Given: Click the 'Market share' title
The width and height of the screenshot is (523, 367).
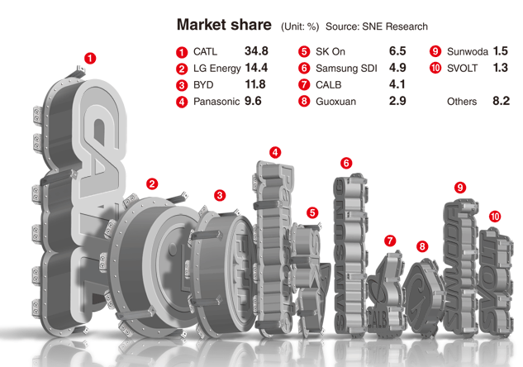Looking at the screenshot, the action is pyautogui.click(x=224, y=25).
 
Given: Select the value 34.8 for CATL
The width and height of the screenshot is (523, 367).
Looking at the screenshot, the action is pyautogui.click(x=256, y=51).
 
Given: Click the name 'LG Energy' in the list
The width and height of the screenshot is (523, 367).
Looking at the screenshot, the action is pyautogui.click(x=216, y=69).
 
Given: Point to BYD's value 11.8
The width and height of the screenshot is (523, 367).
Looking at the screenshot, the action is pyautogui.click(x=255, y=84).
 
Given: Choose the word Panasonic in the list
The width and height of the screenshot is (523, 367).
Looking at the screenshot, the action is pyautogui.click(x=216, y=102).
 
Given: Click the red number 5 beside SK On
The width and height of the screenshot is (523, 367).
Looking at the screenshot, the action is pyautogui.click(x=304, y=52).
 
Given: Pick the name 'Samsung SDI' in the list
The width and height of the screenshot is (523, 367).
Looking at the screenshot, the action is pyautogui.click(x=346, y=69).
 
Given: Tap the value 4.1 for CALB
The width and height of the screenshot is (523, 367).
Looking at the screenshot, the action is pyautogui.click(x=397, y=84).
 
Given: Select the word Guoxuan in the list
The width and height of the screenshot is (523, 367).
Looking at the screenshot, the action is pyautogui.click(x=336, y=102).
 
